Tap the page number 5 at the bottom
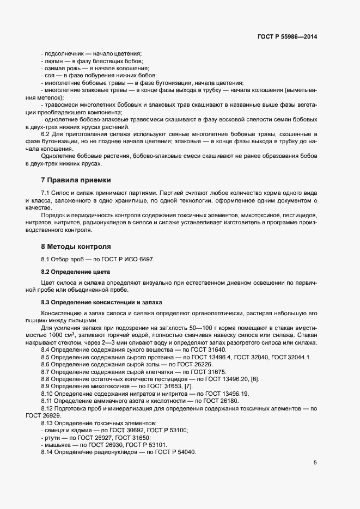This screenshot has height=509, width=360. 315,463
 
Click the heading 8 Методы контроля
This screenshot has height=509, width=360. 76,246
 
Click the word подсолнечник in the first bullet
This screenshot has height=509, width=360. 62,53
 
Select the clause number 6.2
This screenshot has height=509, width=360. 47,134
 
